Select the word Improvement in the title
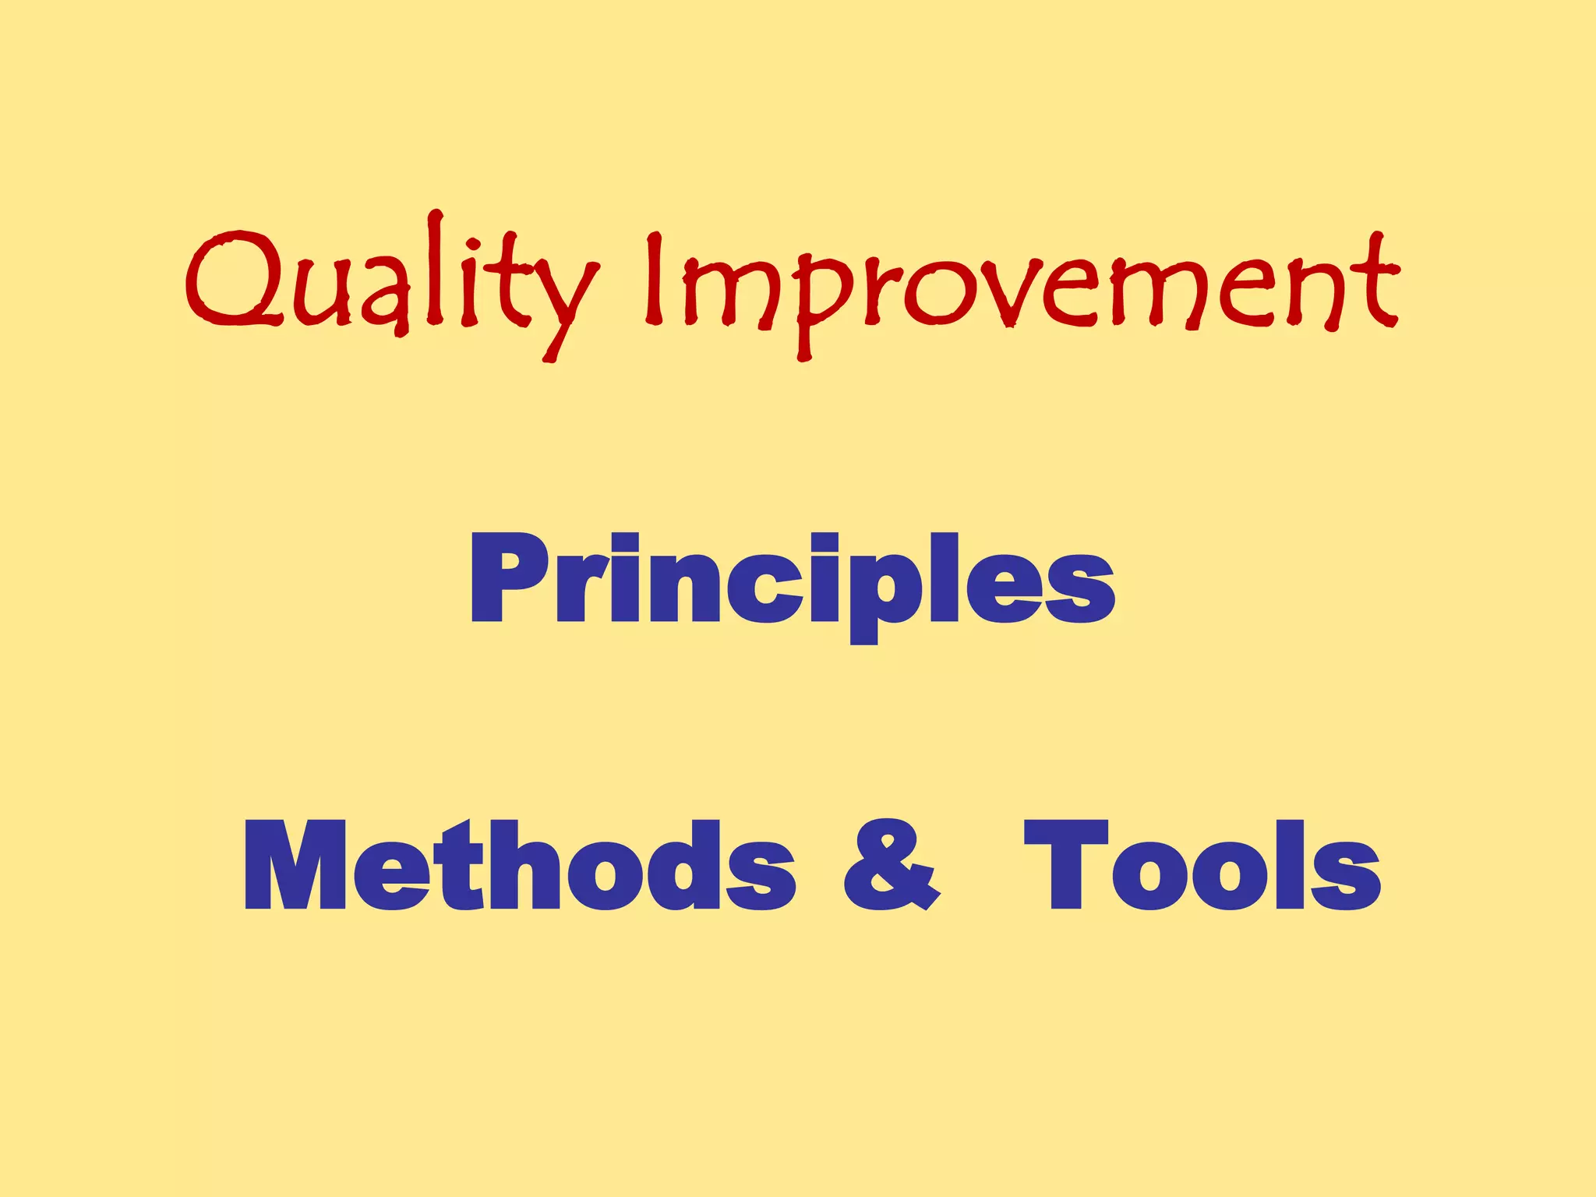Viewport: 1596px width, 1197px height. pos(1021,288)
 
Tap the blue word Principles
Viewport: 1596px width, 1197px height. pos(792,581)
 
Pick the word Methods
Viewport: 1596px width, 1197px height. pos(518,867)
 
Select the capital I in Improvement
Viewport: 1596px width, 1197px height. pos(654,279)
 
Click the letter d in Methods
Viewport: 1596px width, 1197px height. pos(686,867)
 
